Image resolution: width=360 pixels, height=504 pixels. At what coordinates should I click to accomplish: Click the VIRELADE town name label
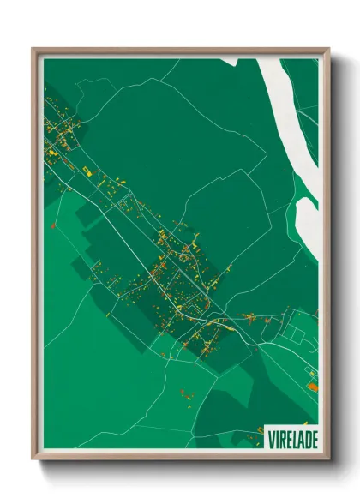click(x=292, y=438)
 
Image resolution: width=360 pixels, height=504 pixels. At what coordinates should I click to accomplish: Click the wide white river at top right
click(x=291, y=111)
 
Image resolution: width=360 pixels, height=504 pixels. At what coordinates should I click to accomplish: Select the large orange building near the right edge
click(x=312, y=387)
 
